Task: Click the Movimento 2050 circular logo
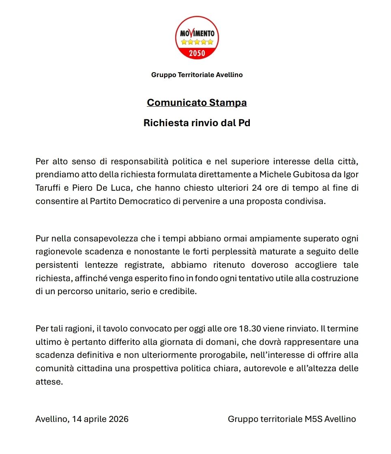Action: pos(197,38)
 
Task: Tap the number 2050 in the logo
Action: pos(197,53)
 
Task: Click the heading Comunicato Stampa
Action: pos(197,103)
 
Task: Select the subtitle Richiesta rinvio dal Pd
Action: pos(197,123)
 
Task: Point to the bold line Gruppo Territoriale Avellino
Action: pos(197,75)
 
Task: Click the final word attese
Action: pos(49,382)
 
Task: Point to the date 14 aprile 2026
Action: pos(100,419)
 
